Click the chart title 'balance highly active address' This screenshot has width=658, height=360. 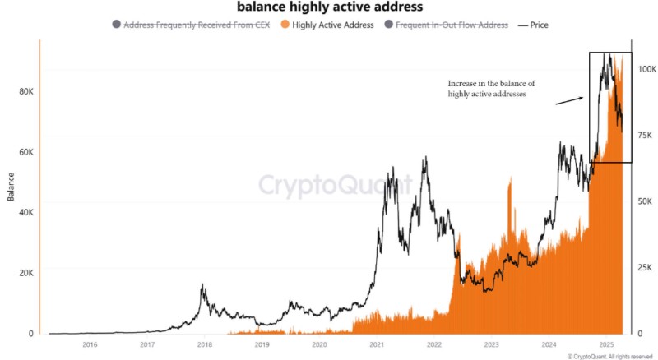pos(329,7)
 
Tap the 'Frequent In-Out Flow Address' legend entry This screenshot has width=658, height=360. pos(452,25)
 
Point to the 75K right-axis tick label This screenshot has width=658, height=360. pos(646,135)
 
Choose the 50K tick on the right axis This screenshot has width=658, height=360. pos(646,201)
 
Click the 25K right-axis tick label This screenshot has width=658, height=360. pos(646,268)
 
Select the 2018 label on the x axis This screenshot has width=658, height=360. pos(205,345)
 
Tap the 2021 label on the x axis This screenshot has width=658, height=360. pos(377,345)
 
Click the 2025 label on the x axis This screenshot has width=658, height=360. pos(606,345)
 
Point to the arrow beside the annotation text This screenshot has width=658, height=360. pos(569,100)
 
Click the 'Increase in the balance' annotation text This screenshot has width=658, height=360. pos(491,89)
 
